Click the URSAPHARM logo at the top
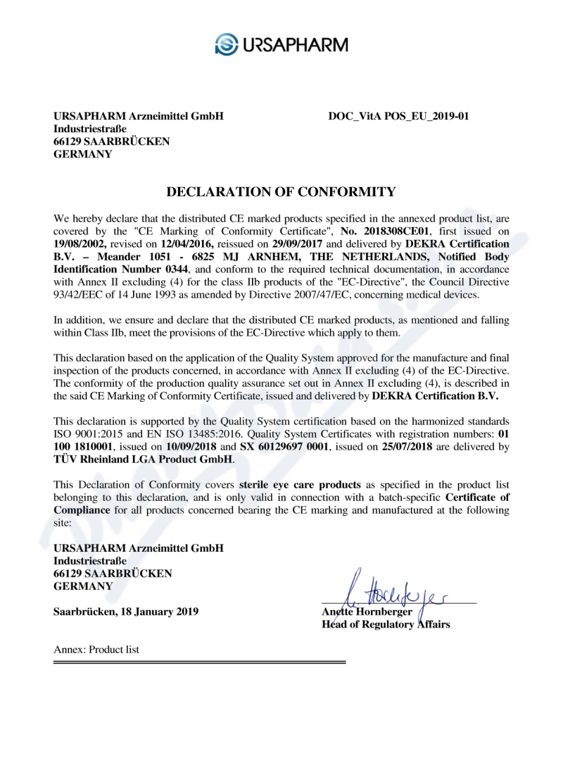pyautogui.click(x=281, y=44)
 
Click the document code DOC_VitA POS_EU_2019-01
pyautogui.click(x=398, y=115)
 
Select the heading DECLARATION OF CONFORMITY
pyautogui.click(x=281, y=191)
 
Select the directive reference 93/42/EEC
pyautogui.click(x=79, y=293)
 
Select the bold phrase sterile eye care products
pyautogui.click(x=301, y=485)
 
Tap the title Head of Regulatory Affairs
pyautogui.click(x=386, y=624)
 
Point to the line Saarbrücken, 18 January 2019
pyautogui.click(x=126, y=611)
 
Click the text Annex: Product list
pyautogui.click(x=96, y=649)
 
